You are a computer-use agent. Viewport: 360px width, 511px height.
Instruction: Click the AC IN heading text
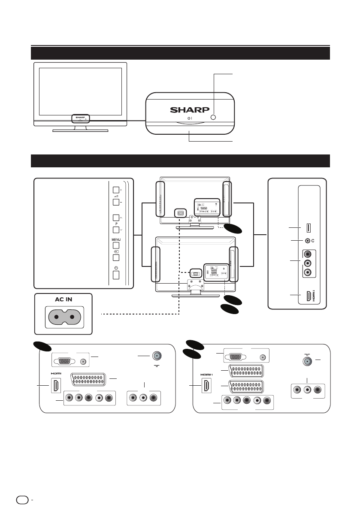(x=63, y=299)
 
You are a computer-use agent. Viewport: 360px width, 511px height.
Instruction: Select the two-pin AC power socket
(x=63, y=318)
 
